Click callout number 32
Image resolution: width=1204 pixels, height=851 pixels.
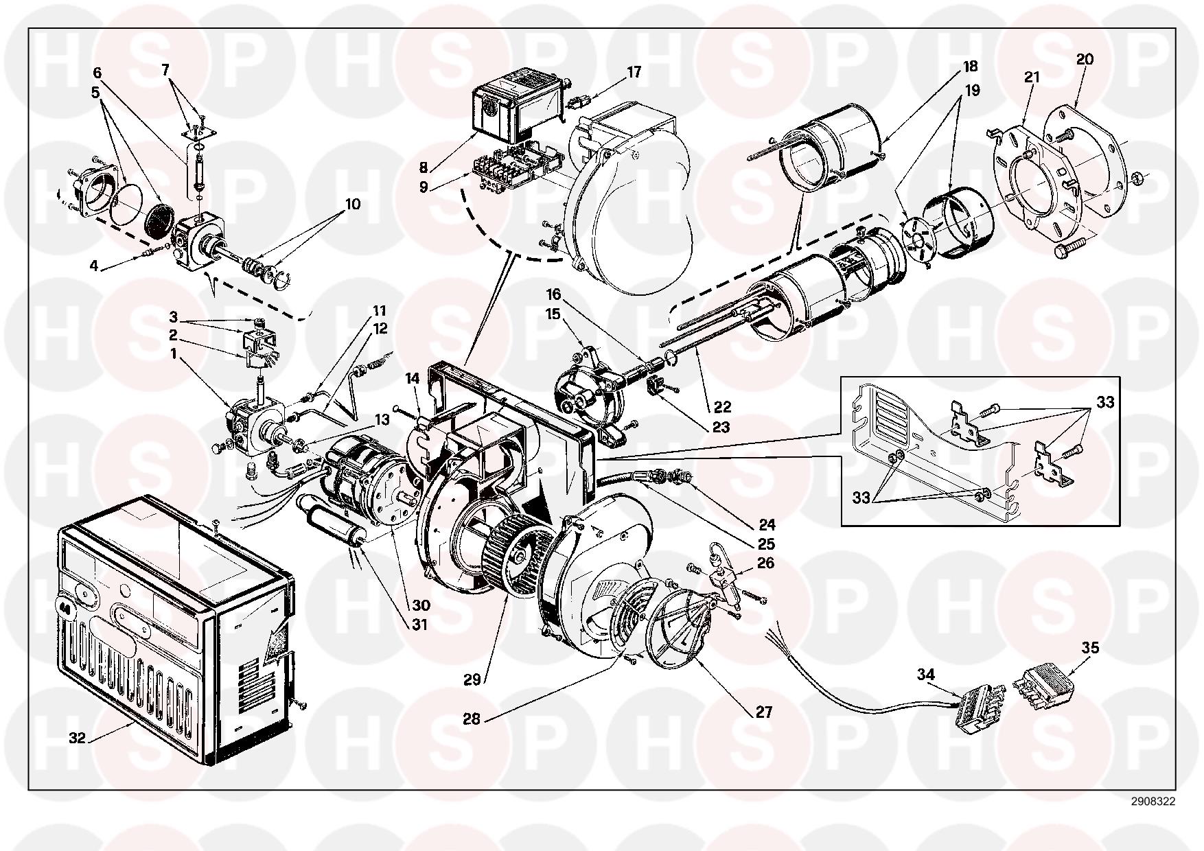pos(77,738)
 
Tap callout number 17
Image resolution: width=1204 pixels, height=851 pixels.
pos(634,72)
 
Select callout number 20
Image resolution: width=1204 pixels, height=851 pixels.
pos(1085,60)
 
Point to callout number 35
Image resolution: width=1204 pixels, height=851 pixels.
pos(1090,647)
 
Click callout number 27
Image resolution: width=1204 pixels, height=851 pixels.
pos(764,712)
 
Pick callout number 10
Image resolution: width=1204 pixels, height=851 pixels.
pos(353,205)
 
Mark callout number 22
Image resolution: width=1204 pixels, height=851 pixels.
pos(722,407)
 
